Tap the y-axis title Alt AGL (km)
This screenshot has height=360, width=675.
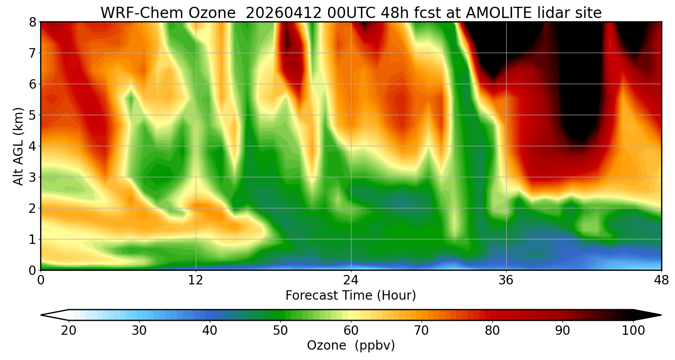(x=18, y=146)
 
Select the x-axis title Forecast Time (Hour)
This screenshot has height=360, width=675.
(x=351, y=296)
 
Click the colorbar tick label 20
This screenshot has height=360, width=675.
(x=69, y=331)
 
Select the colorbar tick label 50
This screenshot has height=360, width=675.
(x=280, y=331)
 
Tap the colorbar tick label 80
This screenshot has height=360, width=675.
(x=492, y=331)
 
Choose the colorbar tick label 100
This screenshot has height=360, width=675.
(x=633, y=331)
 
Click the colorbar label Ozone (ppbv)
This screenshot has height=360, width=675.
(x=351, y=346)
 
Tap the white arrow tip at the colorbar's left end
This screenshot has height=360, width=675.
(x=52, y=315)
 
